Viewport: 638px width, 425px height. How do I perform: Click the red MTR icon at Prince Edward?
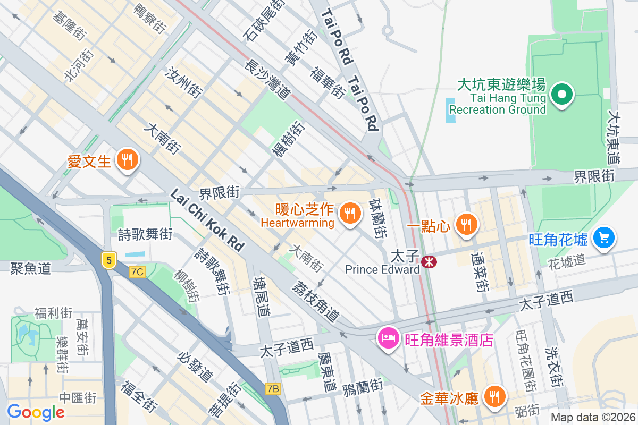(x=427, y=261)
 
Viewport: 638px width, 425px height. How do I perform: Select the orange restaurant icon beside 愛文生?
(x=127, y=159)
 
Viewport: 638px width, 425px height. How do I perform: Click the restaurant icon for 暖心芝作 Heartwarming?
(x=349, y=214)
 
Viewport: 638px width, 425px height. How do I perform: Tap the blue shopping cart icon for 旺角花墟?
(x=603, y=237)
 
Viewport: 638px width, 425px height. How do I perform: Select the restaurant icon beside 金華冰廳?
(x=494, y=396)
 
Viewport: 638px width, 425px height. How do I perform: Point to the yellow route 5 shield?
(x=108, y=260)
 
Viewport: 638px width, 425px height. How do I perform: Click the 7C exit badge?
(x=137, y=272)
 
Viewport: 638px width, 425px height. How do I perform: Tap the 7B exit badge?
(x=273, y=389)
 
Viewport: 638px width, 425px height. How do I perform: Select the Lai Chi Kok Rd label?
(x=207, y=220)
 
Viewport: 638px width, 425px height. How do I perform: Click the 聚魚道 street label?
(x=30, y=268)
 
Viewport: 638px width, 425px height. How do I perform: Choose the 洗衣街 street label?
(x=553, y=366)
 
